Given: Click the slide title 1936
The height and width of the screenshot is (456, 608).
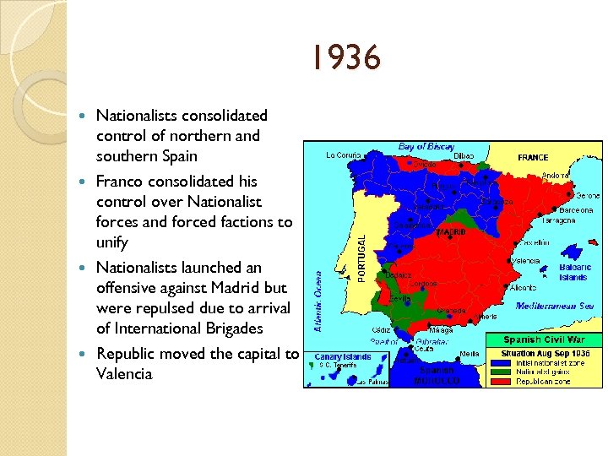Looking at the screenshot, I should tap(345, 60).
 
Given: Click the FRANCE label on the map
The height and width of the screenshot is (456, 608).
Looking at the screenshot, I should tap(533, 157).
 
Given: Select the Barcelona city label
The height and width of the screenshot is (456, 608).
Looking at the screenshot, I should tap(575, 209).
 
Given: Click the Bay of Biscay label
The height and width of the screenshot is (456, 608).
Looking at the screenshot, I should tap(426, 147).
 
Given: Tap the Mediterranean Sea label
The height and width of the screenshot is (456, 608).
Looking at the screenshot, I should tap(556, 306).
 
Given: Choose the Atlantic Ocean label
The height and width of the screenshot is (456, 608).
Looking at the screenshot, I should tap(319, 301).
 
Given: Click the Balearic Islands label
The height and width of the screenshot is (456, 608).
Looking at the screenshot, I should tap(575, 272).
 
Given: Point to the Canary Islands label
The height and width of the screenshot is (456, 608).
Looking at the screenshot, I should tap(342, 356).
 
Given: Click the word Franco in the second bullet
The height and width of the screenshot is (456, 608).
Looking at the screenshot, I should tap(117, 182).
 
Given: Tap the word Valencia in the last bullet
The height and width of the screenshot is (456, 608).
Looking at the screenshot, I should tap(124, 374).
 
